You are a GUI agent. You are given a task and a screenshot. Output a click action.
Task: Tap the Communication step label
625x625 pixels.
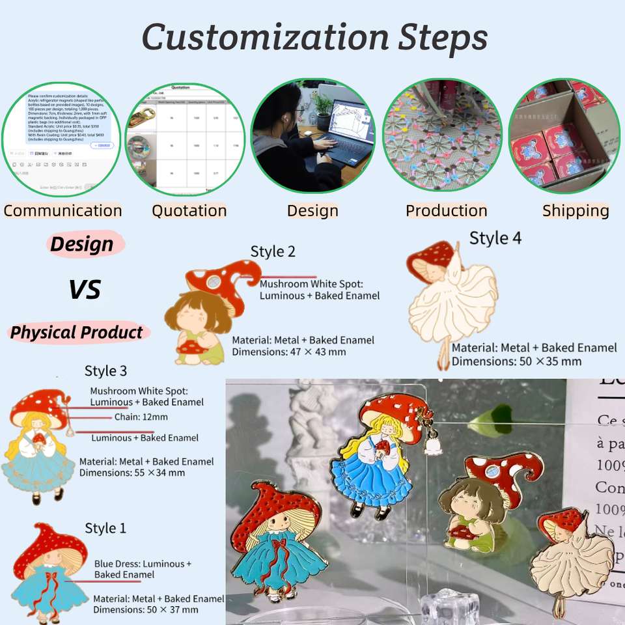(62, 211)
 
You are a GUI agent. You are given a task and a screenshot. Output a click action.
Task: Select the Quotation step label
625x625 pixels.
(189, 211)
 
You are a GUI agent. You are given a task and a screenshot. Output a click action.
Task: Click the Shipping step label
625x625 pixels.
(576, 211)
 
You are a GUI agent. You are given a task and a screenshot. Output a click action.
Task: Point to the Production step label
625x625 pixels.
(446, 211)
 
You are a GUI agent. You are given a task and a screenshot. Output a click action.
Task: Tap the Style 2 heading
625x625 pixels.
(273, 252)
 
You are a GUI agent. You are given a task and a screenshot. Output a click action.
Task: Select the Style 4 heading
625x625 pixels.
(495, 238)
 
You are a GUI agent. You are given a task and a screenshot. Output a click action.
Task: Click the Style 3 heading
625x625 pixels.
(105, 371)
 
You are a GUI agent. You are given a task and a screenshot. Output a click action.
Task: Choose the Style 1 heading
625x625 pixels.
(105, 528)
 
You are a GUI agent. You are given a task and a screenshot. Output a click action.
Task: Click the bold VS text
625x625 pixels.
(85, 289)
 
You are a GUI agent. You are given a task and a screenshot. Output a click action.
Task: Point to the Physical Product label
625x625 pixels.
(76, 333)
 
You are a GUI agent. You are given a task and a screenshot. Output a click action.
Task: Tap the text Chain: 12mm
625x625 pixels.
(141, 417)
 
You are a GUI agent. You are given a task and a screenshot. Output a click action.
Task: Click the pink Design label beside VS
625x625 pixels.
(82, 245)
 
